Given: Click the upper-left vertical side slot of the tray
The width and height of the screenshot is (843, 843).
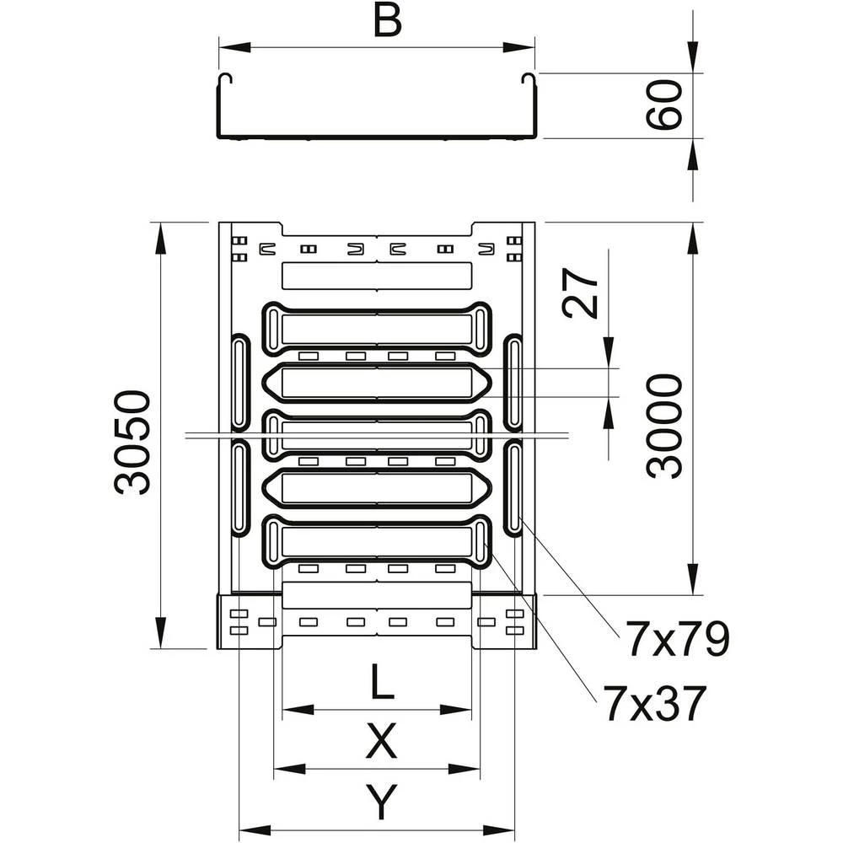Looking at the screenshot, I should [x=240, y=383].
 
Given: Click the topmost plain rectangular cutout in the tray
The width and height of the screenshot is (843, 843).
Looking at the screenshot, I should [x=377, y=275].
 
